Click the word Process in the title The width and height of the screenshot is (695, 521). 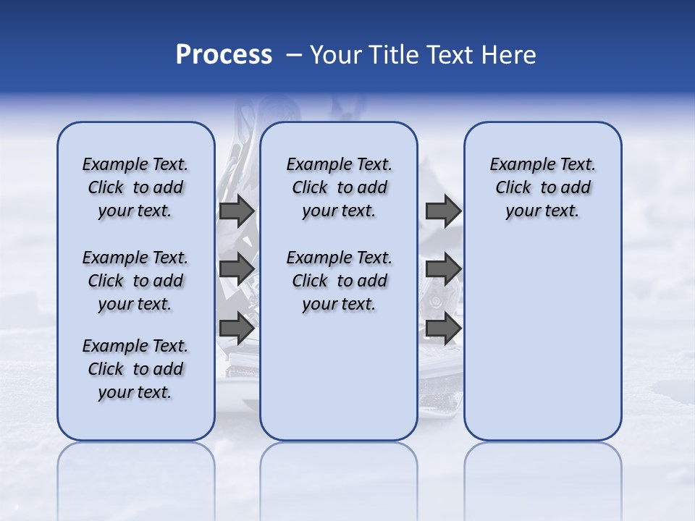click(224, 54)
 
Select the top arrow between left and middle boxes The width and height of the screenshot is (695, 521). click(236, 211)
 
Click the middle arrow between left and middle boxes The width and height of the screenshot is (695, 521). click(236, 269)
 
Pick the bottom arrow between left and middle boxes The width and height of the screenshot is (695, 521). click(236, 328)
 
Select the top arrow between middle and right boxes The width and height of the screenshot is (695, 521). click(443, 211)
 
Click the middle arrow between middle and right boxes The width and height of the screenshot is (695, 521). click(443, 269)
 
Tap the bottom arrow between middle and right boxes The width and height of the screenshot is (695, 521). click(443, 328)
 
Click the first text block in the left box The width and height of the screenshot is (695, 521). click(135, 187)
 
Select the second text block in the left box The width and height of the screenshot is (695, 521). click(135, 281)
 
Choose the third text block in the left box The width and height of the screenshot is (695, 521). click(135, 369)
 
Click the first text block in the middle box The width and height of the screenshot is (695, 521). click(339, 187)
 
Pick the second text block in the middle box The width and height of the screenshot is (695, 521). click(339, 281)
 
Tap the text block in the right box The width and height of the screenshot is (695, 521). click(542, 187)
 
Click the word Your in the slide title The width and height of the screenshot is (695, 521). click(334, 54)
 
